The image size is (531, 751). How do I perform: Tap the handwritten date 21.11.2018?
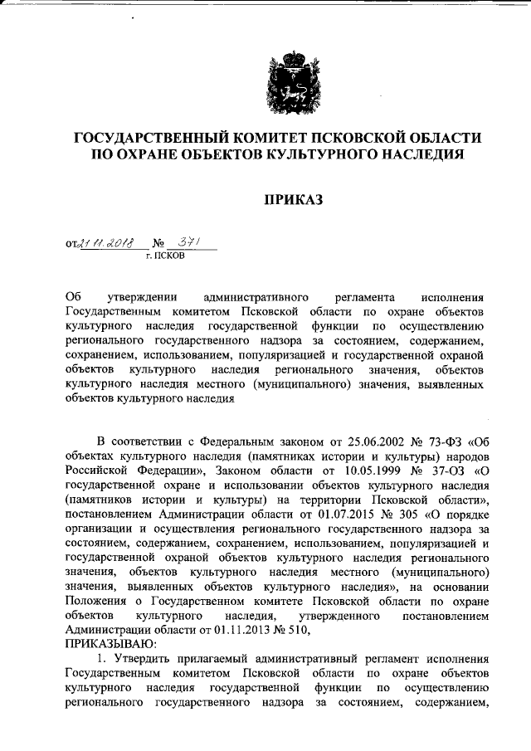pyautogui.click(x=108, y=243)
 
